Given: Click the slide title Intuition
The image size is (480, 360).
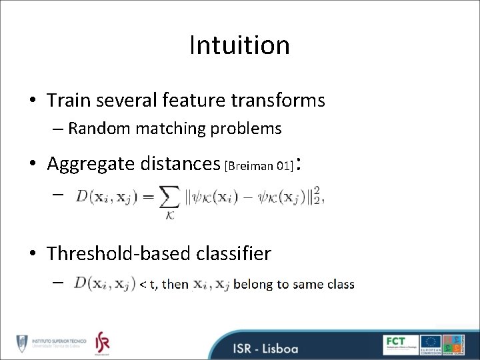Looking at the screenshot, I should [x=239, y=45].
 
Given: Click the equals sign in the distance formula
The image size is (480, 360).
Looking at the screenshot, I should [x=147, y=196].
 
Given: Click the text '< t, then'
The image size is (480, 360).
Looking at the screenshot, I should [x=164, y=285].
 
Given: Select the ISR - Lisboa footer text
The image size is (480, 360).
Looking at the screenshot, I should [x=265, y=349].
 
